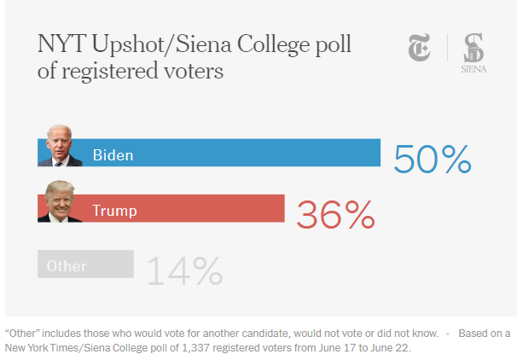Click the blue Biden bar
256,153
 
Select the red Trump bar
213,208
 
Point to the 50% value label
432,159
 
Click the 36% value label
334,215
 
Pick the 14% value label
184,270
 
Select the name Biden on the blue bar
113,154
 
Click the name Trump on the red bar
114,210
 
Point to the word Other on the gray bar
67,265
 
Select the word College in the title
259,44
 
